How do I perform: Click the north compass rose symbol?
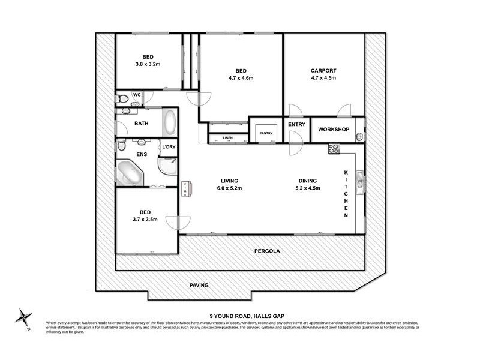[x=23, y=317]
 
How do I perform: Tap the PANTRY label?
[x=266, y=133]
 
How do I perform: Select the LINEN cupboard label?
[x=227, y=138]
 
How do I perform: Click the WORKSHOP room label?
[x=334, y=130]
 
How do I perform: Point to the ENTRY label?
[x=296, y=125]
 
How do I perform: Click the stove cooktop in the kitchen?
[x=334, y=149]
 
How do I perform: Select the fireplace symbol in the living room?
[x=186, y=188]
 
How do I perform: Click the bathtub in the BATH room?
[x=170, y=123]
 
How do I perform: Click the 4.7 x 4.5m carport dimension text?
[x=323, y=78]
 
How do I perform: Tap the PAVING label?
[x=199, y=285]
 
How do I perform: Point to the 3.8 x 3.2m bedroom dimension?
[x=148, y=64]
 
